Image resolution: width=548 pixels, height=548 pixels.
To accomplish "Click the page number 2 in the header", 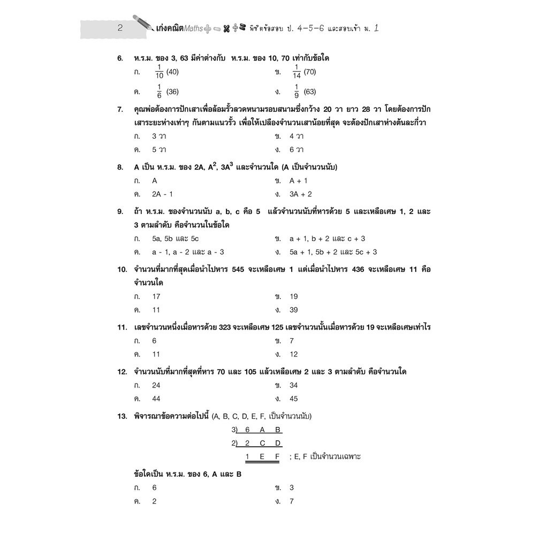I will [120, 29].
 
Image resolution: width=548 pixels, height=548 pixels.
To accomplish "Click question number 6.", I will [120, 58].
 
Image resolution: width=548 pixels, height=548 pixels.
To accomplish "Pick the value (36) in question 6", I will [172, 92].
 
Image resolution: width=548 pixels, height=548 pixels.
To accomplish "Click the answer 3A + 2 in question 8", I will [300, 194].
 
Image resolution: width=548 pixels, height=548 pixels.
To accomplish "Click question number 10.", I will [123, 269].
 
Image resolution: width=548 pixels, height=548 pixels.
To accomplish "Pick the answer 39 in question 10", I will [294, 310].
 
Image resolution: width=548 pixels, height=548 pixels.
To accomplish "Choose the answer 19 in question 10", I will [294, 296].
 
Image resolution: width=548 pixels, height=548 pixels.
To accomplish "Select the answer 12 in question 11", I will [294, 354].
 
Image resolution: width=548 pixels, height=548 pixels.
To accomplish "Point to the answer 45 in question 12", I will [294, 399].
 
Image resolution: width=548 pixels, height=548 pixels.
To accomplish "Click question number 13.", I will [123, 416].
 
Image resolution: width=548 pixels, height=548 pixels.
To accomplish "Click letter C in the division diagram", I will [262, 443].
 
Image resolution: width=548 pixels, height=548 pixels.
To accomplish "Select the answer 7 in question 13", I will [292, 501].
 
